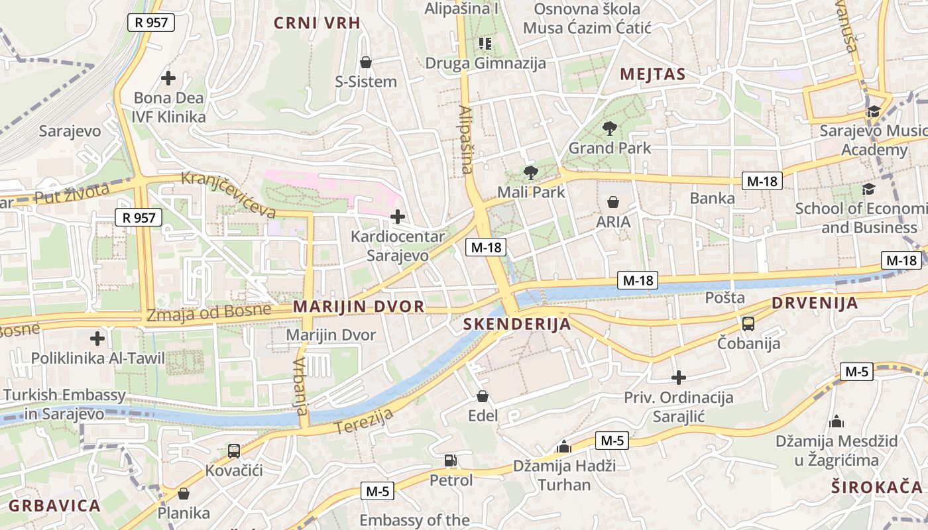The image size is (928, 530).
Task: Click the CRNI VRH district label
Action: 318,23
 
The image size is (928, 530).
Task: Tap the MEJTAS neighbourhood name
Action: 653,74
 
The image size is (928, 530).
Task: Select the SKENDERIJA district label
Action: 518,324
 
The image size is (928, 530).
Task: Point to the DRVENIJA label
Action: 815,303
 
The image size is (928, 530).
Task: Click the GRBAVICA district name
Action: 55,506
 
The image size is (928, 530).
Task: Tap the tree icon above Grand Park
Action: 610,129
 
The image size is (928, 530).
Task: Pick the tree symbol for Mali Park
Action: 530,173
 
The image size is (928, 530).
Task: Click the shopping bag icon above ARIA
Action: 613,201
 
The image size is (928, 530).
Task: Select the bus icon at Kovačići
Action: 234,451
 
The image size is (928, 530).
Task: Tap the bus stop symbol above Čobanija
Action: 748,324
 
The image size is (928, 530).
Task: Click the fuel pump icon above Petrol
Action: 451,460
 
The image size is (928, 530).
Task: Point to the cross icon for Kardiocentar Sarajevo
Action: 398,217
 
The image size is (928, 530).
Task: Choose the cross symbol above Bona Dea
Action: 168,78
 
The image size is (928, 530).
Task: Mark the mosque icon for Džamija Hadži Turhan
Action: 564,447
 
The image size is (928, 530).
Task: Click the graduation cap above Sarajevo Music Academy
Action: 874,111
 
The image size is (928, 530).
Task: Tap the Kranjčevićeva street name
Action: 229,195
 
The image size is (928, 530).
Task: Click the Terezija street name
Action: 365,421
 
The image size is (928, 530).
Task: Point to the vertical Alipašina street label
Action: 466,140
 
